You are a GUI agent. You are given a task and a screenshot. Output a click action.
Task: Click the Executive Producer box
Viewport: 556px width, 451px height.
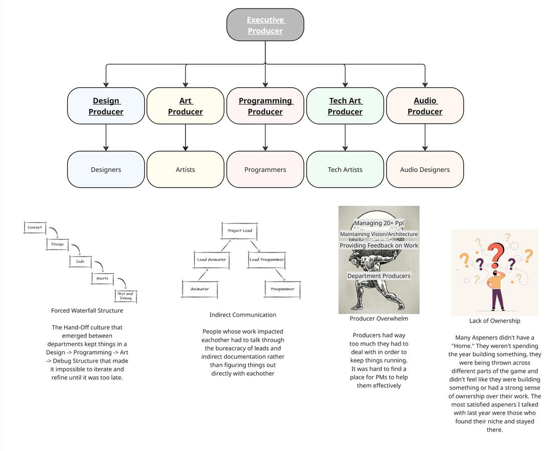pyautogui.click(x=265, y=25)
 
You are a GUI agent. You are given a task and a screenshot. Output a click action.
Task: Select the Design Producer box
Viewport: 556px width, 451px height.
pyautogui.click(x=106, y=106)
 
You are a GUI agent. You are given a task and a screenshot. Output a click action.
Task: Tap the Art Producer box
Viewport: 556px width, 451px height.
pyautogui.click(x=186, y=106)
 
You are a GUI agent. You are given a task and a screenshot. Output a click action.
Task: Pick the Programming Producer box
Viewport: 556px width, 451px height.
pyautogui.click(x=265, y=106)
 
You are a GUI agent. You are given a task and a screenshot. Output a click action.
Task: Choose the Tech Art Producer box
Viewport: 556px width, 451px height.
pyautogui.click(x=345, y=106)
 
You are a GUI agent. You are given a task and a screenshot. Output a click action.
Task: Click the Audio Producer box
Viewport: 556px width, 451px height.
pyautogui.click(x=425, y=106)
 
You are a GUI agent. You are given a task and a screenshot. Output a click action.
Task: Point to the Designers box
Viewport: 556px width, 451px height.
pyautogui.click(x=106, y=169)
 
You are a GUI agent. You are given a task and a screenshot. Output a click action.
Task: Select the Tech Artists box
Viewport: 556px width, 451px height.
pyautogui.click(x=345, y=169)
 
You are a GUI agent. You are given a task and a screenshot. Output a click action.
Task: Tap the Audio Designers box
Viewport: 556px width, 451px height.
pyautogui.click(x=425, y=169)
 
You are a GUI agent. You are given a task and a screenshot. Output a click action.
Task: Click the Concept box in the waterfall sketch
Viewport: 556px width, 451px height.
pyautogui.click(x=35, y=228)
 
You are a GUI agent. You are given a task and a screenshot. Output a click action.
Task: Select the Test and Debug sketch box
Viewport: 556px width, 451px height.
pyautogui.click(x=125, y=296)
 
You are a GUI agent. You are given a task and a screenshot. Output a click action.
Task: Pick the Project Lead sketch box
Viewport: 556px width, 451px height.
pyautogui.click(x=240, y=231)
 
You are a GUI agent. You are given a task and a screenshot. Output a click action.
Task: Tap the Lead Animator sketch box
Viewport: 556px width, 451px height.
pyautogui.click(x=212, y=260)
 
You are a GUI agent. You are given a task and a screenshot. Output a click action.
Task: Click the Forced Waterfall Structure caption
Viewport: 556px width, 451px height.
pyautogui.click(x=87, y=311)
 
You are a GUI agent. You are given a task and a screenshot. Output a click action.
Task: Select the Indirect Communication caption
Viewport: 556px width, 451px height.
pyautogui.click(x=243, y=315)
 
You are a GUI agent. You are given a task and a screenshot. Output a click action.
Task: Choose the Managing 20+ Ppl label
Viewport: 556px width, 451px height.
pyautogui.click(x=379, y=223)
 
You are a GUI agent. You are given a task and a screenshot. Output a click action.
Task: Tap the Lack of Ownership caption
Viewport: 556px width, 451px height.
pyautogui.click(x=494, y=321)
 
